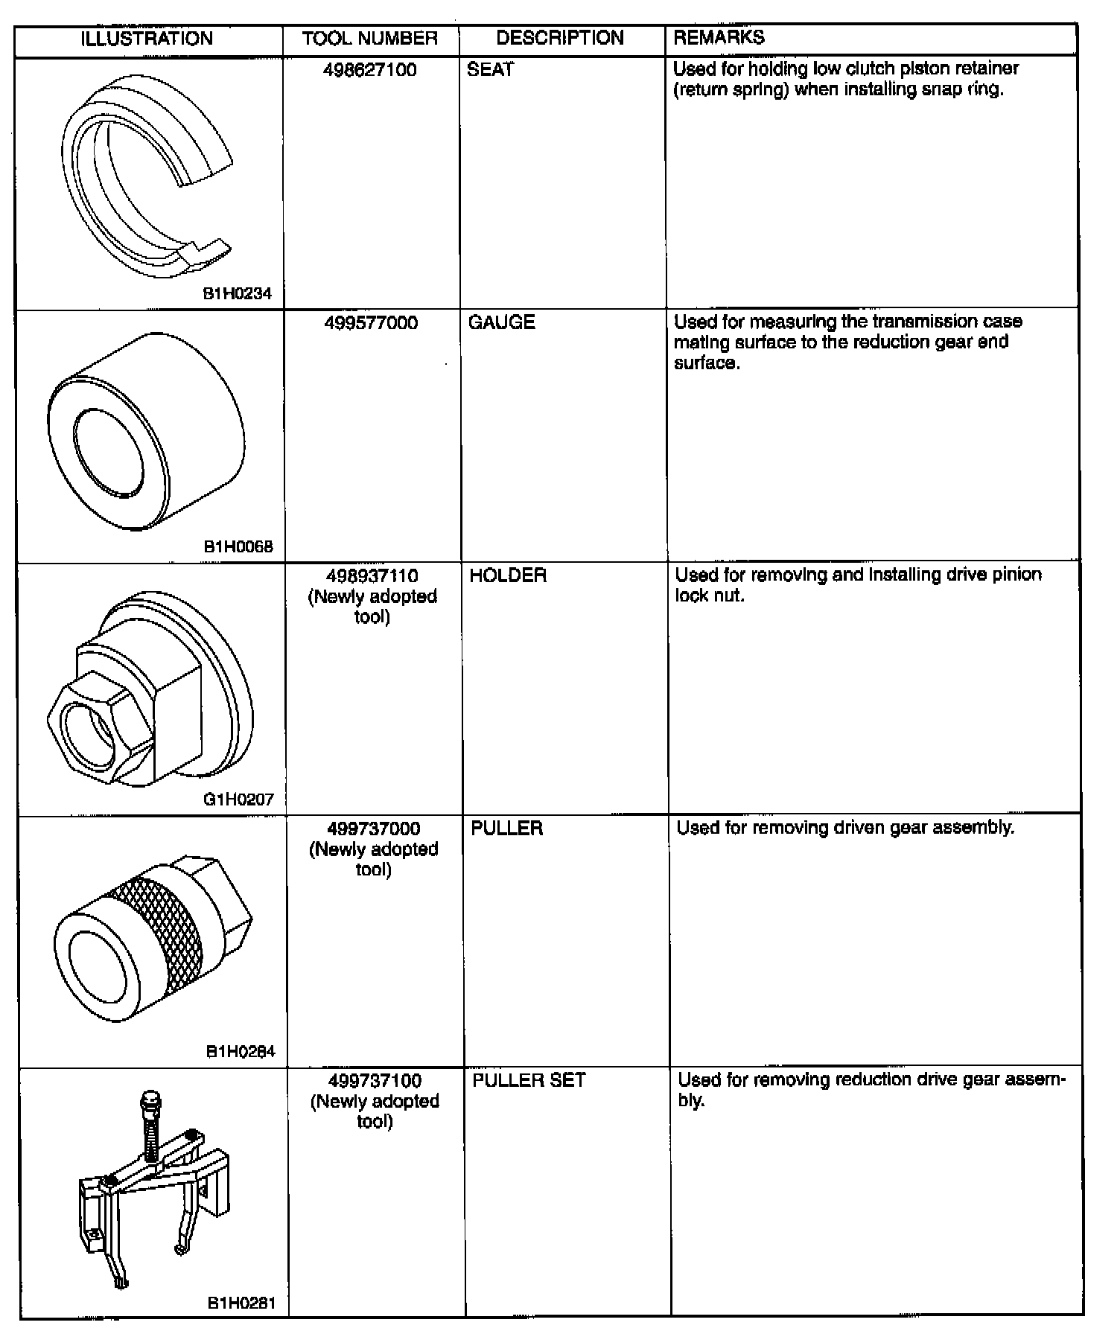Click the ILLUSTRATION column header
147,39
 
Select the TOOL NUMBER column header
369,39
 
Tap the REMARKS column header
719,37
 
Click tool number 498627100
370,70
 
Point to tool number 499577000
371,323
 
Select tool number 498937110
372,576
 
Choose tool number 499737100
375,1081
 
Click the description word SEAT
490,69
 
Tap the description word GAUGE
501,322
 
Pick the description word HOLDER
508,575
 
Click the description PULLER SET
529,1080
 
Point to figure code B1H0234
238,294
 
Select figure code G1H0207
238,800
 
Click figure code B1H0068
238,547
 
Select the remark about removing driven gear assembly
845,828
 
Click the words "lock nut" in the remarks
709,596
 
